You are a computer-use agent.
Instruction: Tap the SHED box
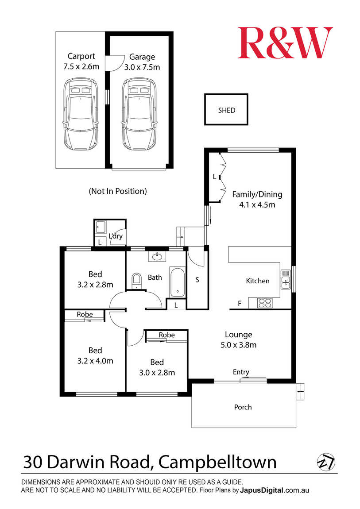[x=226, y=109]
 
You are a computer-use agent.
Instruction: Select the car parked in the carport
[x=81, y=114]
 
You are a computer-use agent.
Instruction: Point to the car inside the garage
[x=139, y=114]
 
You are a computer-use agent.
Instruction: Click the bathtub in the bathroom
[x=177, y=282]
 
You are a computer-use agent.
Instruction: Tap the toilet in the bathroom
[x=137, y=281]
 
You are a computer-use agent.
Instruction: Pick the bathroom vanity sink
[x=158, y=256]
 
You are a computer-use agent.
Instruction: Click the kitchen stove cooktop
[x=265, y=303]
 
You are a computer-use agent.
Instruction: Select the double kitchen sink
[x=285, y=279]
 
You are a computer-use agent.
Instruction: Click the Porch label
[x=243, y=407]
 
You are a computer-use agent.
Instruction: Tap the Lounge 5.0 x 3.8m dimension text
[x=239, y=345]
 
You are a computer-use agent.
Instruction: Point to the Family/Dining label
[x=257, y=194]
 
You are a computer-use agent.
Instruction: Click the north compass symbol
[x=325, y=462]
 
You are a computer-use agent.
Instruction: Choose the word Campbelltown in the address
[x=217, y=462]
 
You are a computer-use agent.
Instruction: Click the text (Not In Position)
[x=118, y=191]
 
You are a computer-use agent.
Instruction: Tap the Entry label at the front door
[x=241, y=372]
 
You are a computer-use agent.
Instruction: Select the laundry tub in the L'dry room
[x=101, y=227]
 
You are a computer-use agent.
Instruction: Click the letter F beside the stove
[x=240, y=304]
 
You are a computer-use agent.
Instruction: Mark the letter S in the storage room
[x=197, y=279]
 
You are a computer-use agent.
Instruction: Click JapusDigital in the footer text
[x=262, y=490]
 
